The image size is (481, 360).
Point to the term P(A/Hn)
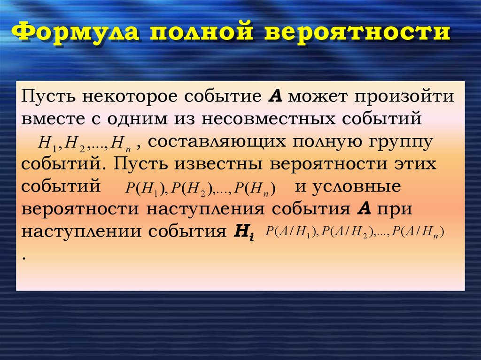coord(418,231)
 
